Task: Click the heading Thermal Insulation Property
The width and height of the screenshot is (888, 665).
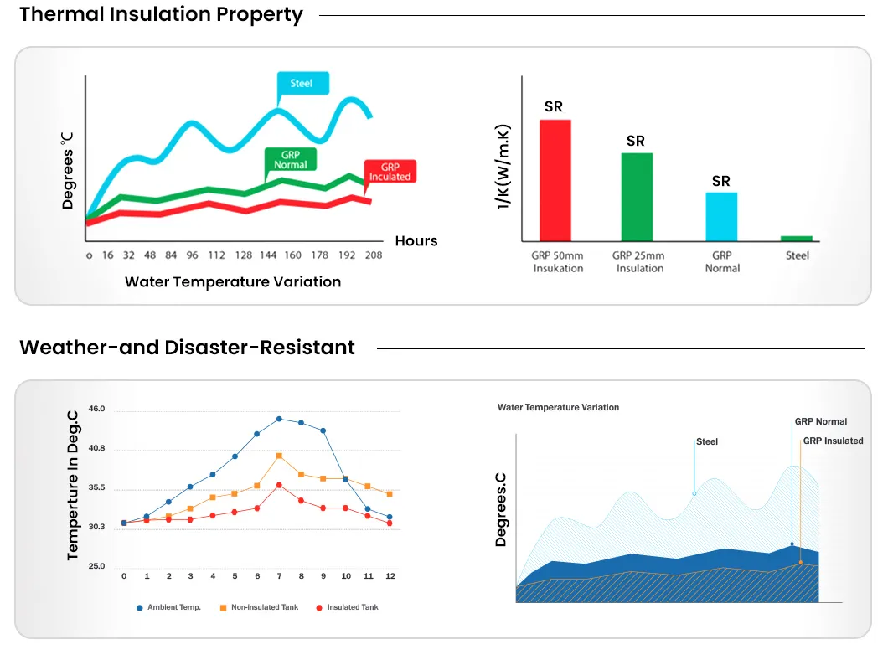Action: click(x=161, y=15)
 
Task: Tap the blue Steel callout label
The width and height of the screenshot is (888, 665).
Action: click(x=302, y=83)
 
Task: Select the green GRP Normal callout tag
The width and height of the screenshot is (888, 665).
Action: click(x=290, y=160)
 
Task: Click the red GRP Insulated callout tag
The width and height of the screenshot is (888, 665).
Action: click(x=390, y=172)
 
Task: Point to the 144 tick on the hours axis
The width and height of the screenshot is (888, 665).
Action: click(x=267, y=255)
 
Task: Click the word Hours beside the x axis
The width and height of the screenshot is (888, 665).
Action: click(x=416, y=241)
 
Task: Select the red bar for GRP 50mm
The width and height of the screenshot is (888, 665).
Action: click(x=555, y=180)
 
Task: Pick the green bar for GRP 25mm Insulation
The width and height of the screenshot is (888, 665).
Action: click(x=637, y=197)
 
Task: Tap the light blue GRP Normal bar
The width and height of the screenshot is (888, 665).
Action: click(x=721, y=217)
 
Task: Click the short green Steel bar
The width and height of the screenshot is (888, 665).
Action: click(x=797, y=239)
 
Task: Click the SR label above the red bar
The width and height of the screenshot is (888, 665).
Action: click(x=554, y=106)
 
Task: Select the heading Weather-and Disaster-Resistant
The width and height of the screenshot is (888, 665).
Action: click(x=187, y=348)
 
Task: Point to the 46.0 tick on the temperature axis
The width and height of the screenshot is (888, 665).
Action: click(x=97, y=409)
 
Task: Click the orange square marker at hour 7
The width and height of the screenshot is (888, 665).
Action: click(x=279, y=456)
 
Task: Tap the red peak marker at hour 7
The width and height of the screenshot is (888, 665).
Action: click(x=279, y=485)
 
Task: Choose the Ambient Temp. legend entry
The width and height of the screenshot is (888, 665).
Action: click(x=169, y=607)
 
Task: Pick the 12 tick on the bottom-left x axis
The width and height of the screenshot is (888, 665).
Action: click(x=390, y=576)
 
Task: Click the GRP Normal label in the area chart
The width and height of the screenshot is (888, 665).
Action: click(x=821, y=422)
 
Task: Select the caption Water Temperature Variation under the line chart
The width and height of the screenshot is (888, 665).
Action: click(x=233, y=282)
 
